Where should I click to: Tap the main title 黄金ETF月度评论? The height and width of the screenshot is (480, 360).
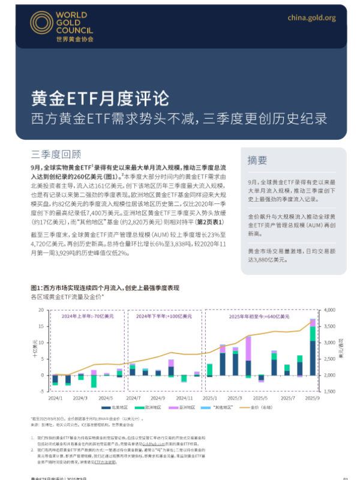pyautogui.click(x=100, y=98)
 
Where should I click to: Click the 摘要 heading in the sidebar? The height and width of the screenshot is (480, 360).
pyautogui.click(x=258, y=160)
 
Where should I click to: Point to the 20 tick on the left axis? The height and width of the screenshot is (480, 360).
pyautogui.click(x=41, y=310)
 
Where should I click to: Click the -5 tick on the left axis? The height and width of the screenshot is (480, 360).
pyautogui.click(x=42, y=391)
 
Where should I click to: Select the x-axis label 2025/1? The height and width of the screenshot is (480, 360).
pyautogui.click(x=209, y=398)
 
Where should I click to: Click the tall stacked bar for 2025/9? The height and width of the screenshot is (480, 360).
pyautogui.click(x=313, y=348)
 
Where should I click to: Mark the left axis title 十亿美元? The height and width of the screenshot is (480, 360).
pyautogui.click(x=34, y=350)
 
